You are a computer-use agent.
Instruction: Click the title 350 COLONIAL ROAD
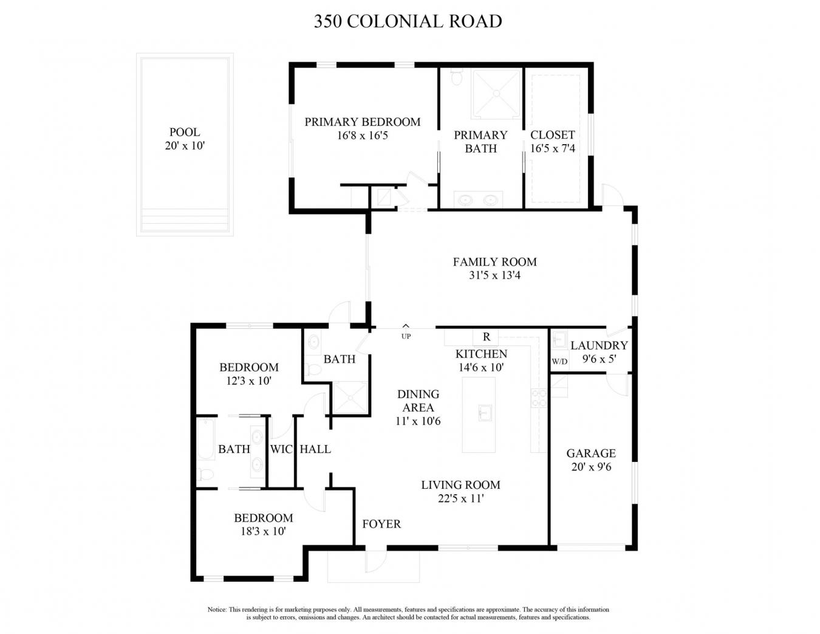tap(408, 21)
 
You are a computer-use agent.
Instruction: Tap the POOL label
tap(185, 132)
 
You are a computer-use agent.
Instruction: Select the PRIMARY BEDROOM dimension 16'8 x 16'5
tap(362, 136)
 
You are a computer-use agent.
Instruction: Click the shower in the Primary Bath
tap(496, 94)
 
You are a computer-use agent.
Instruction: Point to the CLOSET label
tap(552, 135)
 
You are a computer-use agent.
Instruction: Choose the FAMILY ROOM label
tap(494, 262)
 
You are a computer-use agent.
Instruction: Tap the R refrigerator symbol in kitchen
tap(486, 337)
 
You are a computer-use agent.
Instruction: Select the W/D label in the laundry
tap(559, 362)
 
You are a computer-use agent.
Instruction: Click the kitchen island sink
tap(484, 413)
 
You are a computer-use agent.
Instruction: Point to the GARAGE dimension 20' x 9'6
tap(591, 467)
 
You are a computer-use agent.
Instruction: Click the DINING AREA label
tap(418, 401)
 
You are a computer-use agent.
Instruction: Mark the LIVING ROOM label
tap(460, 485)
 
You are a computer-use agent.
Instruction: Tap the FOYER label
tap(381, 524)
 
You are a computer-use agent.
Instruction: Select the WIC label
tap(281, 449)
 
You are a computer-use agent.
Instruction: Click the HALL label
tap(315, 449)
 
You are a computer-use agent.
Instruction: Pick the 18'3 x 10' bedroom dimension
tap(263, 531)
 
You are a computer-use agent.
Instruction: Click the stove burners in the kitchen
tap(539, 398)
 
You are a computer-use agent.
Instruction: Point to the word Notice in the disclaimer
tap(216, 610)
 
